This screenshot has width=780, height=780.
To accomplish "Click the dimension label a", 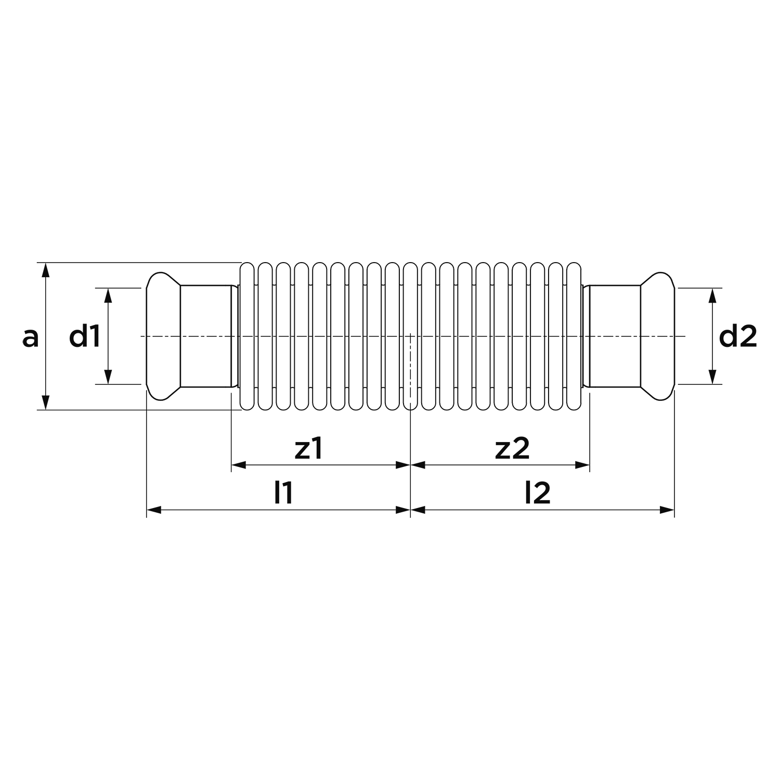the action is (x=31, y=337).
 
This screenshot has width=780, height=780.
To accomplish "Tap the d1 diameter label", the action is (x=85, y=337).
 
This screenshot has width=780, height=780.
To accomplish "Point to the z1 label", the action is (x=309, y=448).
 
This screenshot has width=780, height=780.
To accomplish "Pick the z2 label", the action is (x=512, y=448).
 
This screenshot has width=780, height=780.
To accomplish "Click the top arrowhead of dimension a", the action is (x=46, y=270).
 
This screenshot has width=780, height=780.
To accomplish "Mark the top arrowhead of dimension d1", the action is (x=108, y=295).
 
